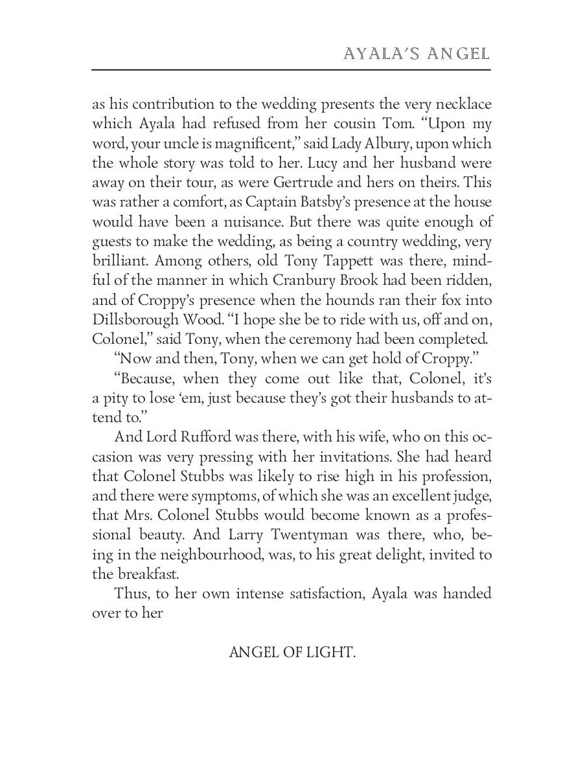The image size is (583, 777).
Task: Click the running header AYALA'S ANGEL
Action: (416, 53)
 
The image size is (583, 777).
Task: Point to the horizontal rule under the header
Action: (291, 69)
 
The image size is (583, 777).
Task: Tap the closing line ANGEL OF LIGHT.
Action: (292, 652)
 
